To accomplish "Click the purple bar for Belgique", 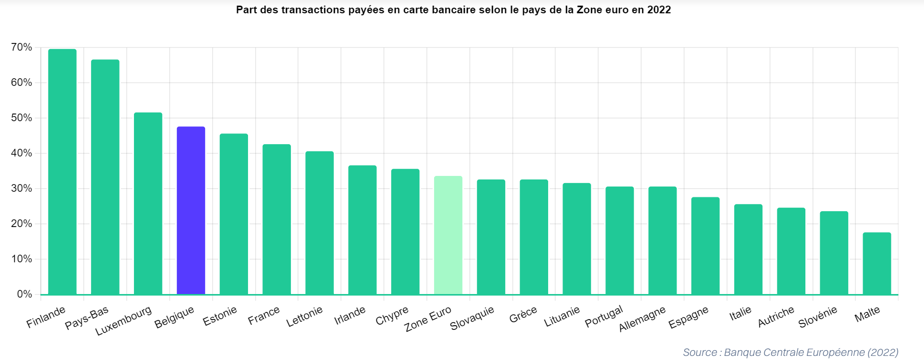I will pos(191,210).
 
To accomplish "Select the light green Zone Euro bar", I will pos(448,235).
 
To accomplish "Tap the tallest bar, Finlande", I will pos(62,171).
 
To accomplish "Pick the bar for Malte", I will pos(876,263).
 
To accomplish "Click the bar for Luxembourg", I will pos(148,203).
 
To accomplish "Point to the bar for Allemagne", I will pos(662,240).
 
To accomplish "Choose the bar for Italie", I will pos(748,249).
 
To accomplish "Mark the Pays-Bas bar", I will pos(105,177).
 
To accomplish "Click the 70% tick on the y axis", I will pos(21,48).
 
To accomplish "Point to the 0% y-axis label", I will pos(25,294).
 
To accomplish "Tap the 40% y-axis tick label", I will pos(21,153).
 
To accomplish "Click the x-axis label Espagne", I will pos(688,318).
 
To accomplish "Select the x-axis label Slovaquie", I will pos(472,318).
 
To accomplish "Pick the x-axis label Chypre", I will pos(392,316).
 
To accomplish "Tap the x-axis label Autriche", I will pos(776,317).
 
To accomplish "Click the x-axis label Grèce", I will pos(523,315).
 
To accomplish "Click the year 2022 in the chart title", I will pos(659,10).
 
